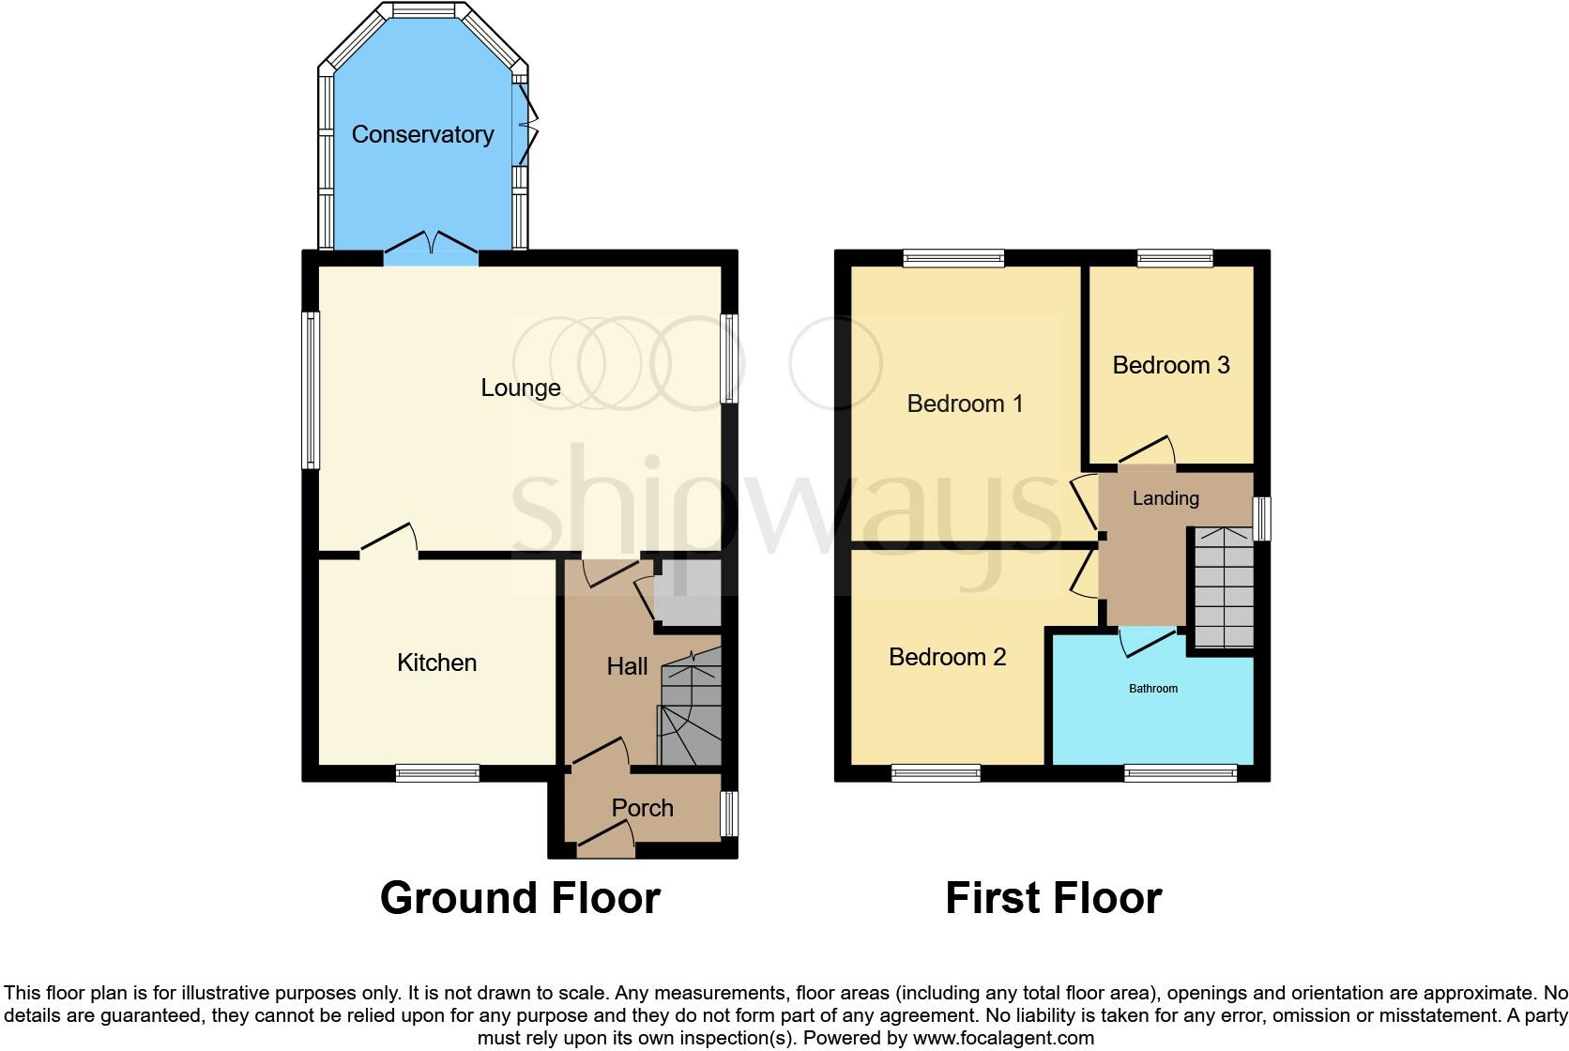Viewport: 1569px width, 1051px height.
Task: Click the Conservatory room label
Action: click(x=422, y=134)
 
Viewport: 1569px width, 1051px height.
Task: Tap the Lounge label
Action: click(x=520, y=388)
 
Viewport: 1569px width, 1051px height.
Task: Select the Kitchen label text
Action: click(x=436, y=663)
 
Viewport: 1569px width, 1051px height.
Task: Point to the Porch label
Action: click(x=642, y=808)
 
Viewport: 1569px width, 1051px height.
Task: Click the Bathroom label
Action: click(x=1152, y=689)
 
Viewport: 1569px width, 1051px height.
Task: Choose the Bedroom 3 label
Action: click(x=1170, y=365)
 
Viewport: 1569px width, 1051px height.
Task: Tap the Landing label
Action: click(x=1165, y=498)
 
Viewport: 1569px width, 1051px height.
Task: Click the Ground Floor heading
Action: click(x=520, y=898)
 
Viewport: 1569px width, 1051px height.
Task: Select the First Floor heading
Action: click(x=1053, y=898)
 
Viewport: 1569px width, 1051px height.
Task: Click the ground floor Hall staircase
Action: click(x=692, y=713)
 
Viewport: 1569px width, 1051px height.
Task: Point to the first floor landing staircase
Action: click(x=1224, y=587)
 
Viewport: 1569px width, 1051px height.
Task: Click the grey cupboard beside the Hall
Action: click(x=688, y=592)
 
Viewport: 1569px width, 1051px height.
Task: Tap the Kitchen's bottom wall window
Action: click(x=437, y=773)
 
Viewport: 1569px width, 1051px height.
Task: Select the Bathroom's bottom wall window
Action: click(x=1181, y=773)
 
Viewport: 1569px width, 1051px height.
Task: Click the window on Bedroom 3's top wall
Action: click(x=1175, y=258)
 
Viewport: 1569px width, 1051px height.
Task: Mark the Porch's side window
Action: click(x=729, y=814)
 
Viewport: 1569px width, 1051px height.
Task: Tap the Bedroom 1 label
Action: click(x=964, y=404)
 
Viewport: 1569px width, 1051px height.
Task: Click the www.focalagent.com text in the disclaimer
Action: click(x=1002, y=1038)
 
